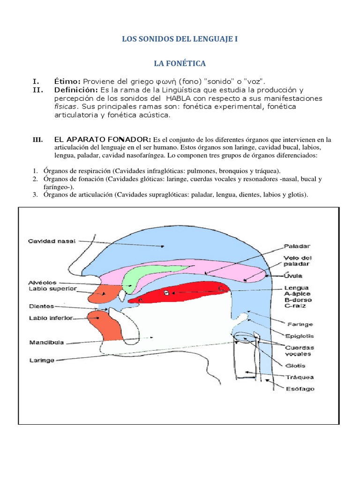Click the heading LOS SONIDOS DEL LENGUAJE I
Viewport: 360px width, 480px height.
pos(180,39)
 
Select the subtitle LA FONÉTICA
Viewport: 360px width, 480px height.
pos(180,63)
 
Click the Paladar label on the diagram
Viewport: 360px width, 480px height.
pos(297,246)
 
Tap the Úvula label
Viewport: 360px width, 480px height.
pos(293,275)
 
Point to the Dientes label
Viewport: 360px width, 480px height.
pos(40,306)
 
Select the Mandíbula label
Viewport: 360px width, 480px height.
pos(45,342)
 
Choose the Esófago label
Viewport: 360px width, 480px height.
pos(300,388)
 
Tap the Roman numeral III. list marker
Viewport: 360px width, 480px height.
pos(38,140)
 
